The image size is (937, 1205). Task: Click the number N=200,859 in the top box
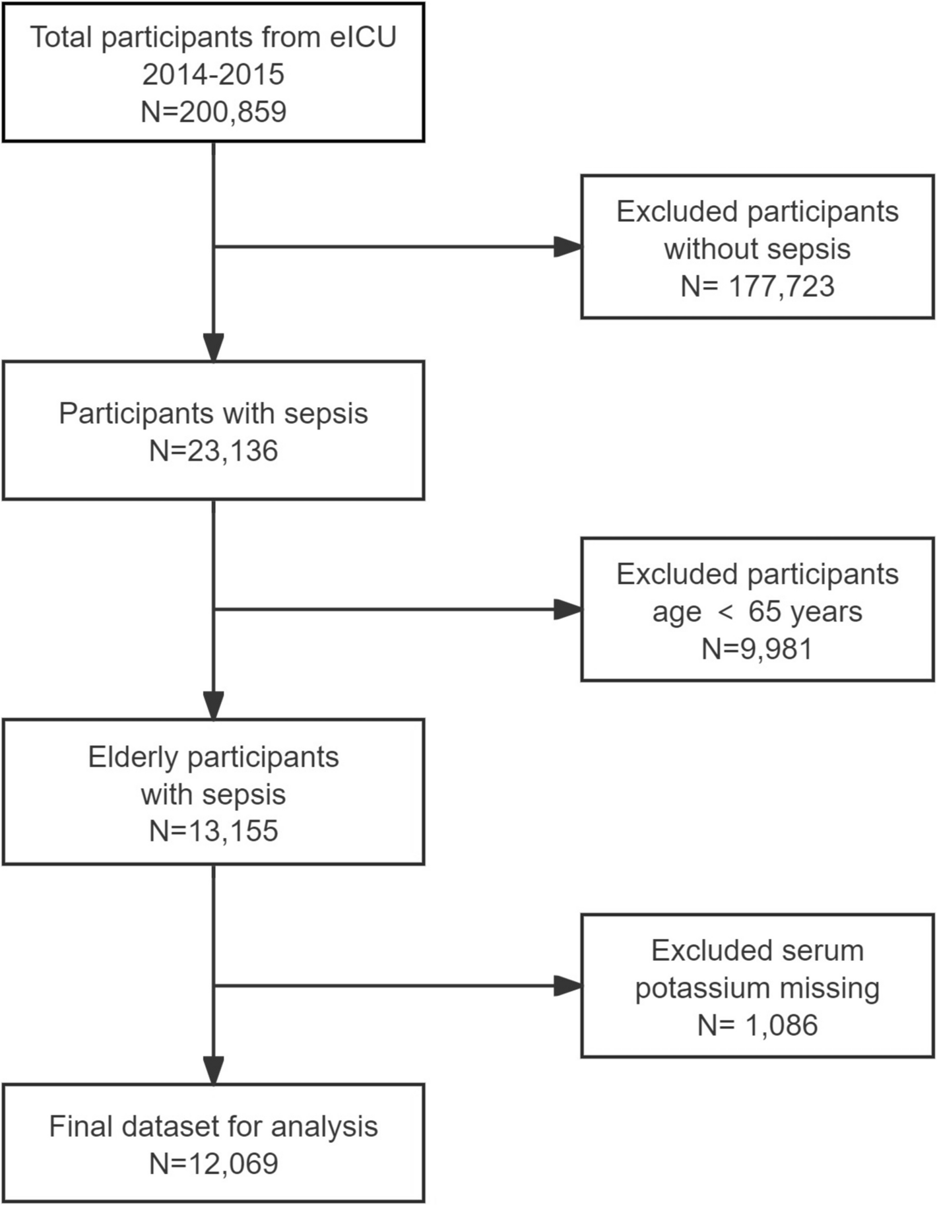tap(213, 112)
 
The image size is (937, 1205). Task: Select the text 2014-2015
tap(213, 75)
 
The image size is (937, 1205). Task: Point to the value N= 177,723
tap(758, 286)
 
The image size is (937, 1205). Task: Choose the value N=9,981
tap(758, 649)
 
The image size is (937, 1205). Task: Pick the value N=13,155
tap(213, 831)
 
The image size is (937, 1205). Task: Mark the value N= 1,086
tap(758, 1026)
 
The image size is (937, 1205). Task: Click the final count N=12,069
tap(213, 1163)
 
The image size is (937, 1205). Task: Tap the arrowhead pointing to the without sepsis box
tap(568, 247)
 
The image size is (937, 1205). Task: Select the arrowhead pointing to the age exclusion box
tap(568, 609)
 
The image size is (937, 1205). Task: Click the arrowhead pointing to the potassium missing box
tap(568, 986)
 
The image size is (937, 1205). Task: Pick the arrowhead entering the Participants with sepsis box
tap(213, 348)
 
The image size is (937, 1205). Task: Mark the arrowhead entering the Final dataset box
tap(213, 1070)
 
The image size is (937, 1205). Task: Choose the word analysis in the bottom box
tap(324, 1126)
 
